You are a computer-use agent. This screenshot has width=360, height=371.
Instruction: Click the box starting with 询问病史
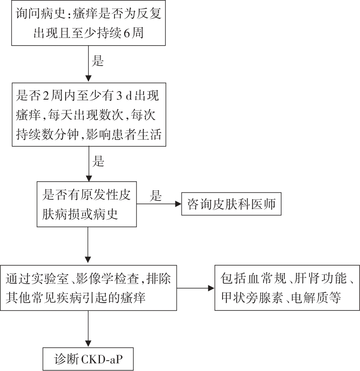click(x=88, y=23)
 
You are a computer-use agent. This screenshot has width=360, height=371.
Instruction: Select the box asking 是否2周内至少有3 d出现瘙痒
click(x=89, y=115)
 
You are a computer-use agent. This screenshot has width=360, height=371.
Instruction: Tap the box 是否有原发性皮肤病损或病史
click(x=87, y=204)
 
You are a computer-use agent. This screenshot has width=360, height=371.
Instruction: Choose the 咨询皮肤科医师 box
click(x=231, y=204)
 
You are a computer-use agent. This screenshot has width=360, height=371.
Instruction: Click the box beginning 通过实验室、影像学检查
click(x=88, y=288)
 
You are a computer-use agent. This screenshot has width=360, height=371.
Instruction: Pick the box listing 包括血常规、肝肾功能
click(x=287, y=288)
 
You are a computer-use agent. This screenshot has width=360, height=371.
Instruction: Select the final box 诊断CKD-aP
click(x=88, y=359)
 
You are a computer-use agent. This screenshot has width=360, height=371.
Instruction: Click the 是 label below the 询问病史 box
click(x=98, y=61)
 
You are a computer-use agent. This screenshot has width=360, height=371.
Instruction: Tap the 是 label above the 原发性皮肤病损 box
click(x=98, y=161)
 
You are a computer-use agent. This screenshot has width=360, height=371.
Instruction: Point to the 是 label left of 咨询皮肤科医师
click(x=155, y=196)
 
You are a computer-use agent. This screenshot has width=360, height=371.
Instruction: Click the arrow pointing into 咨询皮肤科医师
click(x=159, y=204)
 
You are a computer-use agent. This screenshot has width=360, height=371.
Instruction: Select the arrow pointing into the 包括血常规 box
click(x=195, y=288)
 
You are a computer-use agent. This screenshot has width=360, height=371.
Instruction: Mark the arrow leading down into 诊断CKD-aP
click(x=88, y=329)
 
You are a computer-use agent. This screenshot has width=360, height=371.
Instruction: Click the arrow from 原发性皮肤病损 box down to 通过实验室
click(x=88, y=245)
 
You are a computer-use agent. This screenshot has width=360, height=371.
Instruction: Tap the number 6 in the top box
click(x=127, y=33)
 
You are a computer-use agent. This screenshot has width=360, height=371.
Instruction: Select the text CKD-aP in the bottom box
click(x=102, y=360)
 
